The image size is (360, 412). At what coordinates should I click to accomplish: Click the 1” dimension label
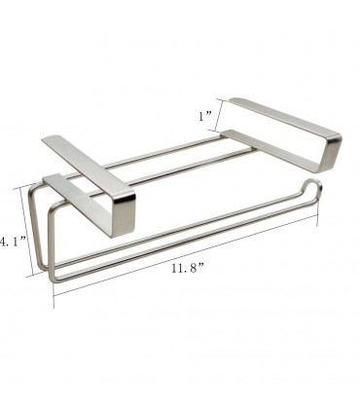click(x=204, y=116)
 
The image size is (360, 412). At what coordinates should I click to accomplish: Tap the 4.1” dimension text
click(x=13, y=242)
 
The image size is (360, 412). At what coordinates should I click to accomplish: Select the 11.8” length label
click(x=188, y=268)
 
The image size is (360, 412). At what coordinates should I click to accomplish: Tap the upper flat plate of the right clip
click(x=282, y=117)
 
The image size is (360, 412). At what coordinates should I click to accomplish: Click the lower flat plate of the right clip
click(x=272, y=149)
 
